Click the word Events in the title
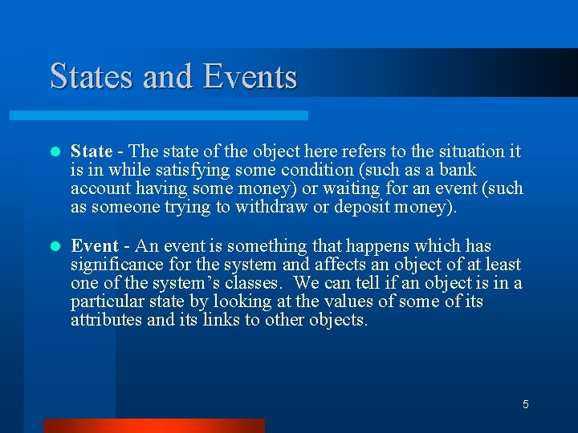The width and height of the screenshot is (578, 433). click(x=250, y=77)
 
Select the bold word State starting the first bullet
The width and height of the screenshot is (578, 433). click(x=92, y=152)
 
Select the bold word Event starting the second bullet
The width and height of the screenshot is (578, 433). click(x=94, y=246)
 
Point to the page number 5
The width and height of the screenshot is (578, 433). click(x=525, y=404)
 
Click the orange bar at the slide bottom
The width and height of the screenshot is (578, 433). click(x=153, y=425)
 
